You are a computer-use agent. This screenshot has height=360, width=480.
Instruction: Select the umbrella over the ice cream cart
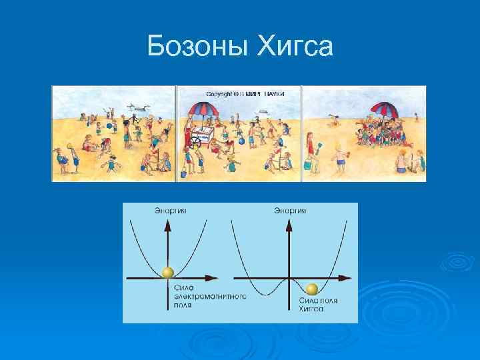[x=202, y=108]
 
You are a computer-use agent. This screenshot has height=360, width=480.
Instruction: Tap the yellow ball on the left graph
[x=168, y=272]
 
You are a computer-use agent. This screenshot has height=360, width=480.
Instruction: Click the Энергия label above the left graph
[x=171, y=211]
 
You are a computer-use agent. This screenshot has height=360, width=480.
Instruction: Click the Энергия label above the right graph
[x=290, y=211]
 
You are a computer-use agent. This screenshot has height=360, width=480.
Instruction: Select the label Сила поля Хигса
[x=317, y=305]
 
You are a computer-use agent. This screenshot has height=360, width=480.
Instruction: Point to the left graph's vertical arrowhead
[x=168, y=225]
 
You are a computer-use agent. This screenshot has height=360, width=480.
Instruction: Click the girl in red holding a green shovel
[x=311, y=151]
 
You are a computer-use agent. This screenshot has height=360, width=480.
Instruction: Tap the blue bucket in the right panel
[x=307, y=164]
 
